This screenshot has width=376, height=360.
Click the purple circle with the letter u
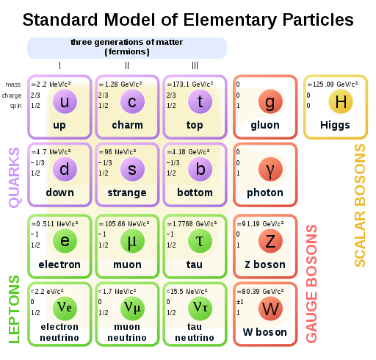(x=65, y=103)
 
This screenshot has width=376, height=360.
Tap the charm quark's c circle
(x=132, y=103)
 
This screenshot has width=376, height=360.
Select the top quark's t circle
(x=200, y=103)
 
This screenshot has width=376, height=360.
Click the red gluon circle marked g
(x=270, y=103)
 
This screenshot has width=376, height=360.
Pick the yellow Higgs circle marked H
(x=340, y=102)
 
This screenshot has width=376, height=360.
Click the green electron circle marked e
(x=65, y=240)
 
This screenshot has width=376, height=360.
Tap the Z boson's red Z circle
(x=270, y=240)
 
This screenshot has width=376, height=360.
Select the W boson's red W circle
(x=270, y=309)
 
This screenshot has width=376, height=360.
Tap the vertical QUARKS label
(x=14, y=176)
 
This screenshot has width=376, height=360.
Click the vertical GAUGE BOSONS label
(x=311, y=284)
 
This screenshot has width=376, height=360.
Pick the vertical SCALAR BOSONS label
(x=361, y=205)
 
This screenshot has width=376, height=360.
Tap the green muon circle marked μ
(x=132, y=240)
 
